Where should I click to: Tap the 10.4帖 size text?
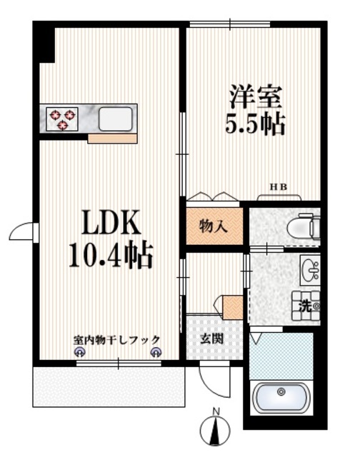[x=110, y=255]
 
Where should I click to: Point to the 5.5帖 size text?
[x=256, y=124]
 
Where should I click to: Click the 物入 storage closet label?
[x=213, y=226]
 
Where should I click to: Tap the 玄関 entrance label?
[x=213, y=337]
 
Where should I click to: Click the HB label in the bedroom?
[x=278, y=187]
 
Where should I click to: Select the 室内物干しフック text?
[x=116, y=341]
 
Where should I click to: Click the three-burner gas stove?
[x=63, y=119]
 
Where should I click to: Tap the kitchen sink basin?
[x=115, y=119]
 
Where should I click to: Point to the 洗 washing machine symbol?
[x=306, y=306]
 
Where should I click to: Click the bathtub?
[x=283, y=395]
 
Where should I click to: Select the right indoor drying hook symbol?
[x=156, y=351]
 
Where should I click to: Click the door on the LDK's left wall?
[x=23, y=231]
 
